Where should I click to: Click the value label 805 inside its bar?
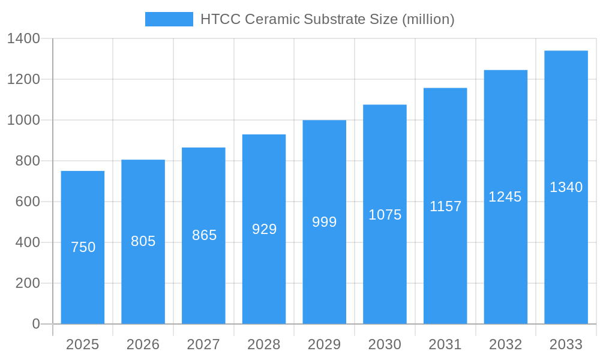(x=143, y=241)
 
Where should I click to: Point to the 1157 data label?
(x=445, y=206)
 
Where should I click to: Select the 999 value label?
(x=325, y=222)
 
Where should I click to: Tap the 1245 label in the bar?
(x=505, y=197)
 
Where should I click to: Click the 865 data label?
(x=204, y=235)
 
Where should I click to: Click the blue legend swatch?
(x=169, y=19)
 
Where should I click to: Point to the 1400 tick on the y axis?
(x=23, y=39)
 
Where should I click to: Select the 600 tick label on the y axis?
(x=28, y=202)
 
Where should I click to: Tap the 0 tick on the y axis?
(x=35, y=324)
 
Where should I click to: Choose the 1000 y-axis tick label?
(x=23, y=121)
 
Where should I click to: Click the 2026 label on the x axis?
(x=143, y=344)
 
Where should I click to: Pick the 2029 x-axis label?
(x=325, y=344)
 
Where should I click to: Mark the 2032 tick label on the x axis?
(x=505, y=344)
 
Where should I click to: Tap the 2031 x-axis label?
(x=445, y=344)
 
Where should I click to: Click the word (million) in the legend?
(x=428, y=19)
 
